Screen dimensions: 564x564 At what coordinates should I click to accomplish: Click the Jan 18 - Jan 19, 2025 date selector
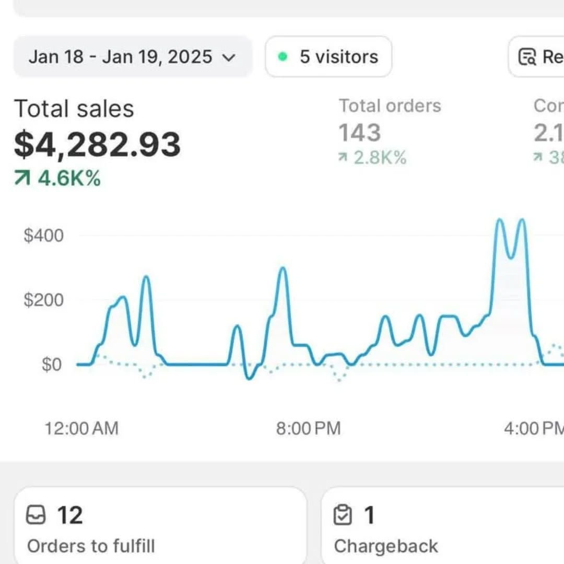pyautogui.click(x=132, y=56)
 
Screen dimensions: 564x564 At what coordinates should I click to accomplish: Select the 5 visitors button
pyautogui.click(x=328, y=56)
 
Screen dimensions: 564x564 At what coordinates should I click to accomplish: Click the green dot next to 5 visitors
pyautogui.click(x=283, y=57)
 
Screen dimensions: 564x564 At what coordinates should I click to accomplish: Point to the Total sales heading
pyautogui.click(x=74, y=109)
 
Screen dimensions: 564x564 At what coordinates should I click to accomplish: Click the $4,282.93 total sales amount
pyautogui.click(x=97, y=144)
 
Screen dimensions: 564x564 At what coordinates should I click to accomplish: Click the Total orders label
pyautogui.click(x=390, y=106)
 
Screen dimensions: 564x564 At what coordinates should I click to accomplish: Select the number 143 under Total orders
pyautogui.click(x=359, y=133)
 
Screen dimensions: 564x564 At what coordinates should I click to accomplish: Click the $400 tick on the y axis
pyautogui.click(x=43, y=236)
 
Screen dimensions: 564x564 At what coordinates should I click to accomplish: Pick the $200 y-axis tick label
pyautogui.click(x=43, y=300)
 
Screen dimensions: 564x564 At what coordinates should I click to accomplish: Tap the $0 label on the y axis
pyautogui.click(x=51, y=364)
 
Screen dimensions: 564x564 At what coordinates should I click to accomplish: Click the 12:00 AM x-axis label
pyautogui.click(x=81, y=429)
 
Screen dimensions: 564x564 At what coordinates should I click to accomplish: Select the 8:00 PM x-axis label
pyautogui.click(x=308, y=429)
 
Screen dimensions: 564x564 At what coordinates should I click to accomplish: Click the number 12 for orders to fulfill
pyautogui.click(x=69, y=515)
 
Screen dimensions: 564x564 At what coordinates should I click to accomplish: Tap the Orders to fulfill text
pyautogui.click(x=91, y=546)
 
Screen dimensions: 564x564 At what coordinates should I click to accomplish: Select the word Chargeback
pyautogui.click(x=385, y=546)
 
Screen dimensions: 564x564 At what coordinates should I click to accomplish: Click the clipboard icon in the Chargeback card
pyautogui.click(x=343, y=515)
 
